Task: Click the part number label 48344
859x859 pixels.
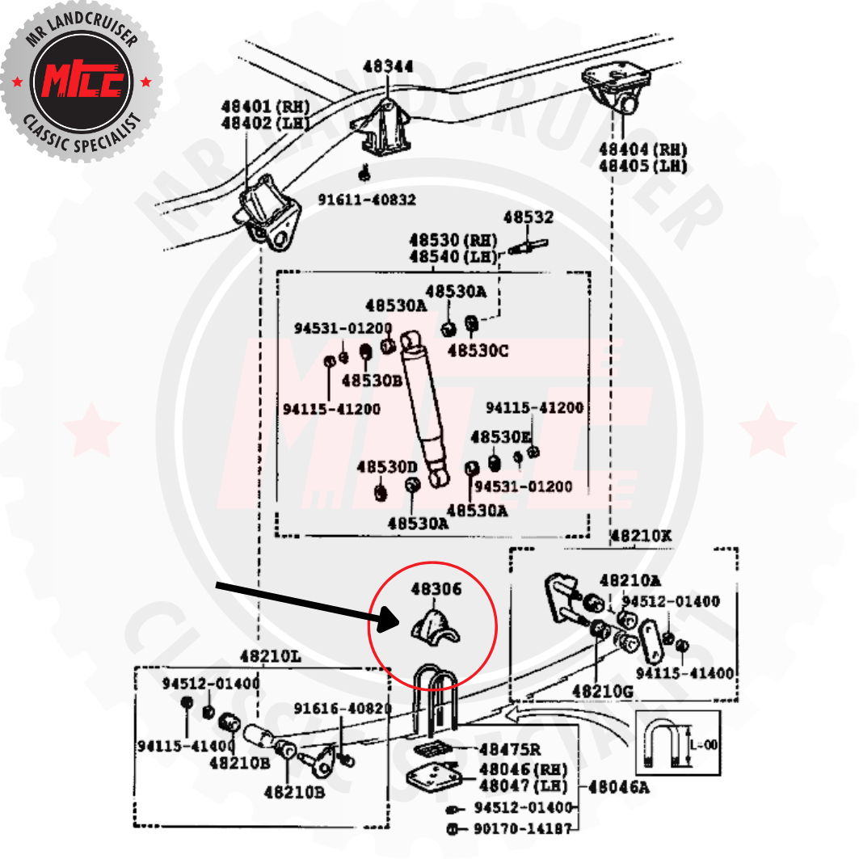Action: tap(388, 66)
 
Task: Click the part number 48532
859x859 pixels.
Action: tap(528, 217)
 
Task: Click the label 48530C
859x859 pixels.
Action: tap(478, 352)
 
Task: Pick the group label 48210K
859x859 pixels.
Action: tap(641, 536)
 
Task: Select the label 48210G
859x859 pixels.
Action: tap(602, 691)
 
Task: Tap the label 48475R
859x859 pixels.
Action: tap(509, 750)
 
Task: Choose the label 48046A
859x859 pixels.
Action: tap(618, 785)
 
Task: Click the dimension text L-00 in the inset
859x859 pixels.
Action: tap(705, 745)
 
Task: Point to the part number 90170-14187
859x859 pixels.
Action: tap(523, 828)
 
